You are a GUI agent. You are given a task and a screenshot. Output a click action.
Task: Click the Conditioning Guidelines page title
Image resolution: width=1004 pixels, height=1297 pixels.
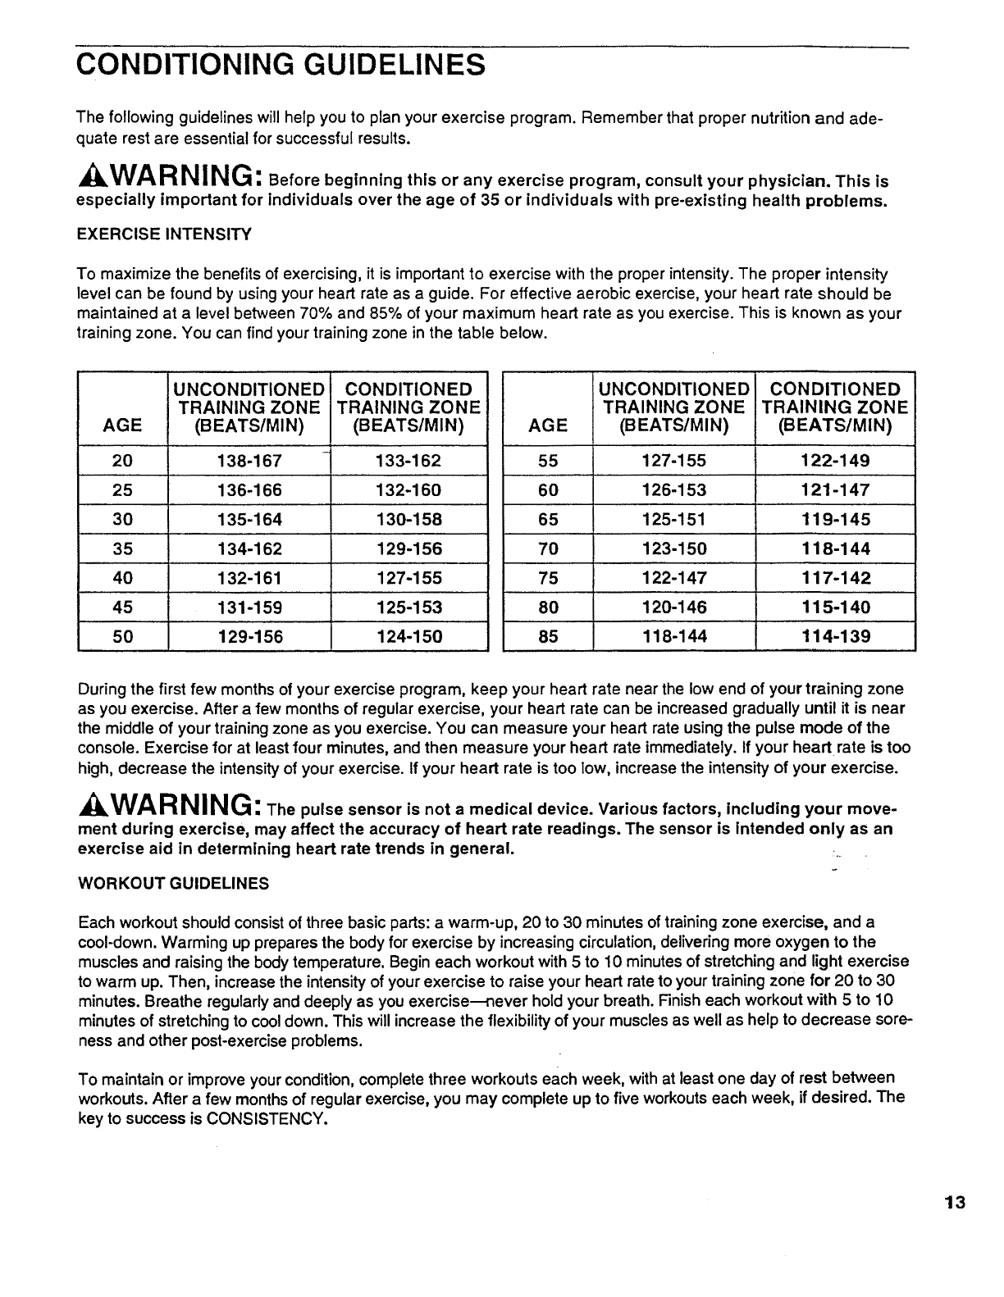coord(280,63)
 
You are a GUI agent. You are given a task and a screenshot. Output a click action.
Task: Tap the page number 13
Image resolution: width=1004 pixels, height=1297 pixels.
coord(955,1204)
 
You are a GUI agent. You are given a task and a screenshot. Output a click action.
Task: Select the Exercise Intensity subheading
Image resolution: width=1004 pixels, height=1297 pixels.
coord(163,234)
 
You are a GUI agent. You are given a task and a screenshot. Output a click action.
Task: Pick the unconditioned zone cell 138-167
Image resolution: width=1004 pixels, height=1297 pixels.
coord(249,461)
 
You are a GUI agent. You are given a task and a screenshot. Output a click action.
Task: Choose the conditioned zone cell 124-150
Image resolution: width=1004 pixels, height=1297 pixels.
coord(408,636)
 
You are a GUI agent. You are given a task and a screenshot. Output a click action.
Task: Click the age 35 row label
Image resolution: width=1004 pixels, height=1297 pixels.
coord(122,548)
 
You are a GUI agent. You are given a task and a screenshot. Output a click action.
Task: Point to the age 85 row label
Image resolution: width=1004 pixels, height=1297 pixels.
coord(548,636)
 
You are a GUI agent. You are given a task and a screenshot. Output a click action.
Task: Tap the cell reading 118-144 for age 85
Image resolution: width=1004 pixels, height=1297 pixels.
coord(673,636)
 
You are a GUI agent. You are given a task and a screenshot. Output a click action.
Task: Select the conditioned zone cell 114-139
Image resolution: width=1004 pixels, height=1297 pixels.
coord(835,636)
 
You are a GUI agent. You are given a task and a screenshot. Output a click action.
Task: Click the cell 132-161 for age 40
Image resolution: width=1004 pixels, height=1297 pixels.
coord(249,578)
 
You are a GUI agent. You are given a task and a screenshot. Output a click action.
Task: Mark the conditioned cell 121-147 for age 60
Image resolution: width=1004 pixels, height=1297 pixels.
coord(835,490)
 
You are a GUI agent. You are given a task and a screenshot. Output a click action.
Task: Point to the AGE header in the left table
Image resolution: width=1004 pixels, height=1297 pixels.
coord(122,425)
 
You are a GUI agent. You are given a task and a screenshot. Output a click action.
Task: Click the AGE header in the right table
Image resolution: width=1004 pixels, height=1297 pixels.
coord(548,425)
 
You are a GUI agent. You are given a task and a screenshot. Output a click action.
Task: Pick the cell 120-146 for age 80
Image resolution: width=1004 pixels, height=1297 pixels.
coord(673,608)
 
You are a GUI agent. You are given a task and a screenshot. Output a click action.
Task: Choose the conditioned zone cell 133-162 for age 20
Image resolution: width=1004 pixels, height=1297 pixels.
coord(408,461)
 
